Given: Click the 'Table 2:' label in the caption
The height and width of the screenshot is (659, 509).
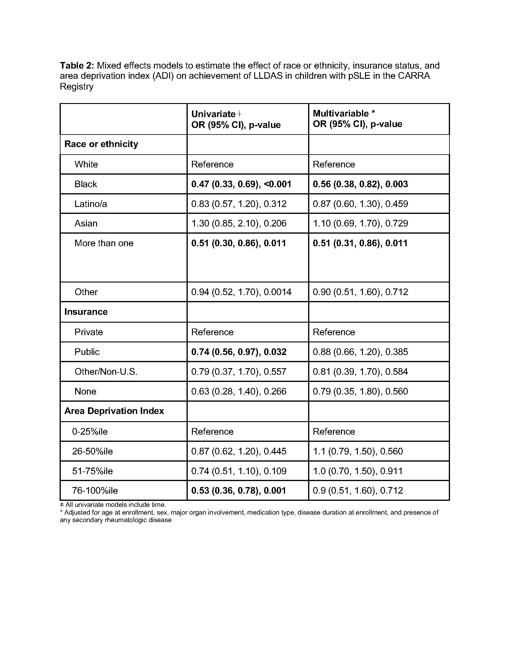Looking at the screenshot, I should (77, 66).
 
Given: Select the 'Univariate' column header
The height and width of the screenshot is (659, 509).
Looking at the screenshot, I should (213, 114).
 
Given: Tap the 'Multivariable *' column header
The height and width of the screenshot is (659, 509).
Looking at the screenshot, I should (344, 114).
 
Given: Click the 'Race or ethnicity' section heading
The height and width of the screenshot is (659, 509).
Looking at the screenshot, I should (101, 144).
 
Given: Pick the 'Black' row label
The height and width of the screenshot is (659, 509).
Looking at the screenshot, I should (86, 184).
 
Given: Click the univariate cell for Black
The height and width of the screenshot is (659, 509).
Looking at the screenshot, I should (241, 184).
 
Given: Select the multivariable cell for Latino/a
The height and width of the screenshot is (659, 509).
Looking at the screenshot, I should (360, 204).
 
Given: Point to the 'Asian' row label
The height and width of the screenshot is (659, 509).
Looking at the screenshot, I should (86, 223).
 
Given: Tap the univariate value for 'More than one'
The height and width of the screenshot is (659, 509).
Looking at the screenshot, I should (239, 243).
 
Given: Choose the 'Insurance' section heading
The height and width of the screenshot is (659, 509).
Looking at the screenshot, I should (86, 312).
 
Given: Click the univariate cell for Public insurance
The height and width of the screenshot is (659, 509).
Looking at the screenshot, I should (239, 352).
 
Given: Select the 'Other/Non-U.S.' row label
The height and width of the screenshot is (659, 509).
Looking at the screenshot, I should (106, 372).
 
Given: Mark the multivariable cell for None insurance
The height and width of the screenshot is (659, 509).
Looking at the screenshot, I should (360, 392).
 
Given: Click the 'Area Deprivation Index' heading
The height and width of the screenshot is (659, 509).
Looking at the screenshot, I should (114, 411).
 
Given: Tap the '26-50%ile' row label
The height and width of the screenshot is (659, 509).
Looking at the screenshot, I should (92, 451).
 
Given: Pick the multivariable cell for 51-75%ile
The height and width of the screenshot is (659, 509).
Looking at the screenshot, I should (357, 471).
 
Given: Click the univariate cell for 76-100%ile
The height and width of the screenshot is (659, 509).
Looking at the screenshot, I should (239, 491).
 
